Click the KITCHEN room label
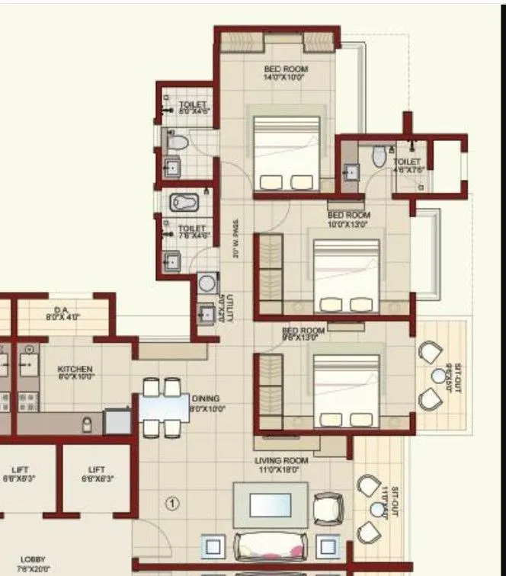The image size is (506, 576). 75,373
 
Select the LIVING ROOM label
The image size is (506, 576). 281,466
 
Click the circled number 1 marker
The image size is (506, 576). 173,503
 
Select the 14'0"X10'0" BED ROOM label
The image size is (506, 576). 286,73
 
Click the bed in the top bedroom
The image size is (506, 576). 286,153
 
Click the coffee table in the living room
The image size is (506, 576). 271,504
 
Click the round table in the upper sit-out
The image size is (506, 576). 438,375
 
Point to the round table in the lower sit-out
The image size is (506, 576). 377,509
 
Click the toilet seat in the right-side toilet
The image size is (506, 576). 379,156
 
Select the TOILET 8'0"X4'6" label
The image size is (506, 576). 194,107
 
